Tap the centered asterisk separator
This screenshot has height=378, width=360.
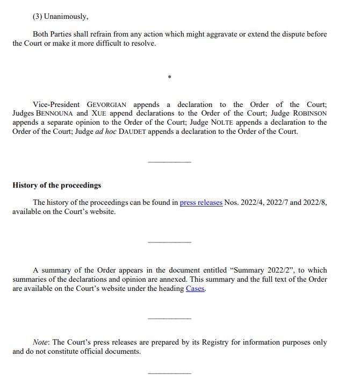[x=169, y=78]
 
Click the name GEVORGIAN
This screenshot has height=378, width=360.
[x=108, y=104]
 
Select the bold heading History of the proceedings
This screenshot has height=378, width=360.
[x=56, y=185]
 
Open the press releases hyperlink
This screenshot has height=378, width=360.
[x=201, y=203]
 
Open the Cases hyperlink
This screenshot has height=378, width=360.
[x=195, y=289]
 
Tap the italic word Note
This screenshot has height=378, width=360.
[x=41, y=343]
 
